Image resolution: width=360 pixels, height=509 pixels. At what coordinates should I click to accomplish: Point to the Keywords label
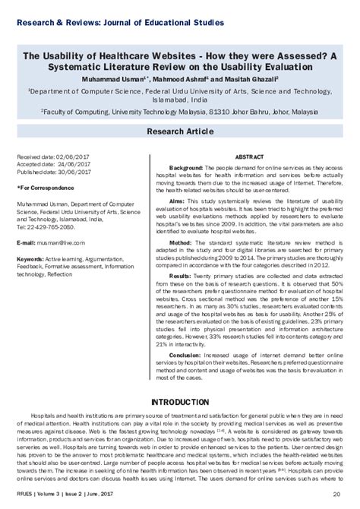(30, 258)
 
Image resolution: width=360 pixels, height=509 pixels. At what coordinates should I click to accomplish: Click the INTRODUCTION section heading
(180, 400)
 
